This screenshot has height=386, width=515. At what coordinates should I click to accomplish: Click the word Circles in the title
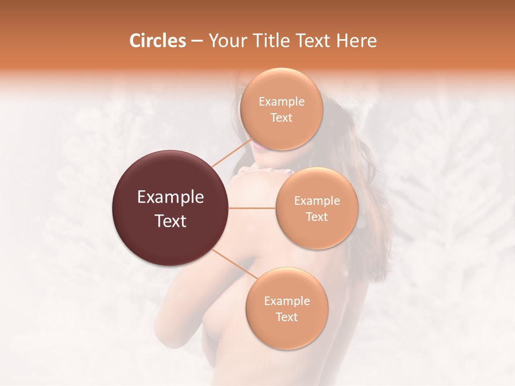(158, 41)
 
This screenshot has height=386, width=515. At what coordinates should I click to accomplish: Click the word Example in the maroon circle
(171, 197)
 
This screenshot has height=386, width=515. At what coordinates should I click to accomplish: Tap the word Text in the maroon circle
(171, 221)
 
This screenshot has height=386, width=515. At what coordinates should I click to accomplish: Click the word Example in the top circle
(282, 102)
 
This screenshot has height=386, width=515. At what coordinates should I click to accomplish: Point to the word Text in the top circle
(281, 118)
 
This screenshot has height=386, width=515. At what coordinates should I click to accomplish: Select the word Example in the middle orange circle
(317, 201)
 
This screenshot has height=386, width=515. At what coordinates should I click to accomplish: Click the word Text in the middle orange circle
(317, 217)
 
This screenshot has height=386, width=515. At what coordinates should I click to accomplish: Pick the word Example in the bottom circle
(287, 301)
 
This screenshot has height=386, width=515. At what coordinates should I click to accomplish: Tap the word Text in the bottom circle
(287, 317)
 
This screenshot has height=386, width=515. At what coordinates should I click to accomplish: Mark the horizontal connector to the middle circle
(252, 208)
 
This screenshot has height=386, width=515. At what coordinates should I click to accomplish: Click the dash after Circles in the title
(197, 41)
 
